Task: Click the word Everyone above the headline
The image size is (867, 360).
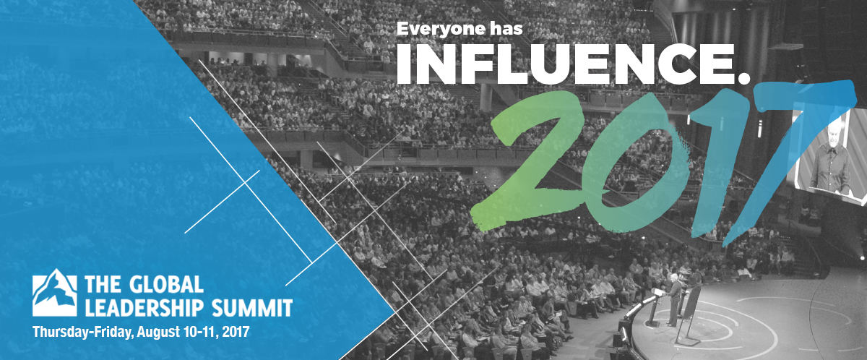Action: pos(439,30)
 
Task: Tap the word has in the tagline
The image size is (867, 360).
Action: pos(505,28)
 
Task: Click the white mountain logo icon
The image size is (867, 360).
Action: pos(54,293)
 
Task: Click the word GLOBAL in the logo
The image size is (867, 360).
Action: pos(166,284)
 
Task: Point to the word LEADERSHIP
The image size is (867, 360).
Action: pos(144,308)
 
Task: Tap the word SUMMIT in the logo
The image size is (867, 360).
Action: pos(252,308)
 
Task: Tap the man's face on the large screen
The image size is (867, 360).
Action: pos(832,134)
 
